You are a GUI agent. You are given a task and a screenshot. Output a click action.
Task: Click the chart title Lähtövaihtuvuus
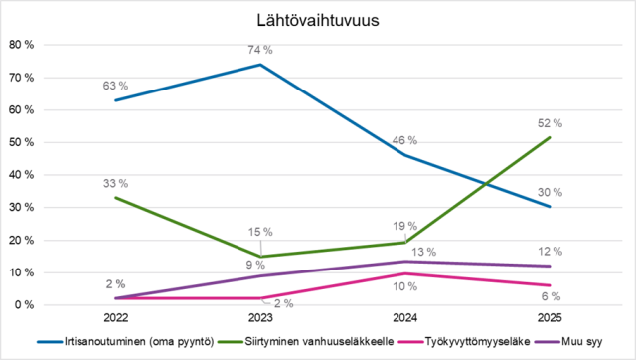(318, 20)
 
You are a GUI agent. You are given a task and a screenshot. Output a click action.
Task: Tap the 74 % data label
(260, 50)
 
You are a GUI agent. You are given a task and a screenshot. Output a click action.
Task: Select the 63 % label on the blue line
(115, 86)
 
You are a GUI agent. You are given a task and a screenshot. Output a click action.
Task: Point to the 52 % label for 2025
(550, 123)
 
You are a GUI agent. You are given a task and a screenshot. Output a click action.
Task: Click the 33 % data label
(115, 183)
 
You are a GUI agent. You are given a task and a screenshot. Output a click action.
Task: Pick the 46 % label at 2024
(404, 140)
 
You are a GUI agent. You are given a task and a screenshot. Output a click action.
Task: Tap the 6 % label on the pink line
(551, 296)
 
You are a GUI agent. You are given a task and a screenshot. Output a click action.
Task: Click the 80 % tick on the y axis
(21, 45)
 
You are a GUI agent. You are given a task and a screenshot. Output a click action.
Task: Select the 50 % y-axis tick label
(21, 142)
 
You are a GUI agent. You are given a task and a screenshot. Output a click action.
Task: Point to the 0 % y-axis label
(24, 304)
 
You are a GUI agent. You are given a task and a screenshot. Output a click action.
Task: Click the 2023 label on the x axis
(260, 317)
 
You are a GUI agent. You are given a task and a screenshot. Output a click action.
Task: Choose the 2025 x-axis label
(550, 317)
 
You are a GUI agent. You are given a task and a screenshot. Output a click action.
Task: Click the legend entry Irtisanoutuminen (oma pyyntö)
(125, 342)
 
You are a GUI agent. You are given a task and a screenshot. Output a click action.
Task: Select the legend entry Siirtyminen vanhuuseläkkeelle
(306, 342)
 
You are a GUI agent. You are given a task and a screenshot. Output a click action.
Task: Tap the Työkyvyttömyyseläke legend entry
(464, 342)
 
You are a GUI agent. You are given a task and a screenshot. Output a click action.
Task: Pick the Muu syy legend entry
(568, 342)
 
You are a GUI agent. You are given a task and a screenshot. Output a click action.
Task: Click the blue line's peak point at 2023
(260, 64)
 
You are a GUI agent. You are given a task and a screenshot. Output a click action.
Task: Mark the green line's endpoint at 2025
(550, 137)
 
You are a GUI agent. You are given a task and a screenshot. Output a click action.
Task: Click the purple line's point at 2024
(405, 262)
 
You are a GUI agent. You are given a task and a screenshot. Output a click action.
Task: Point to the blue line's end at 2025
(550, 207)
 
